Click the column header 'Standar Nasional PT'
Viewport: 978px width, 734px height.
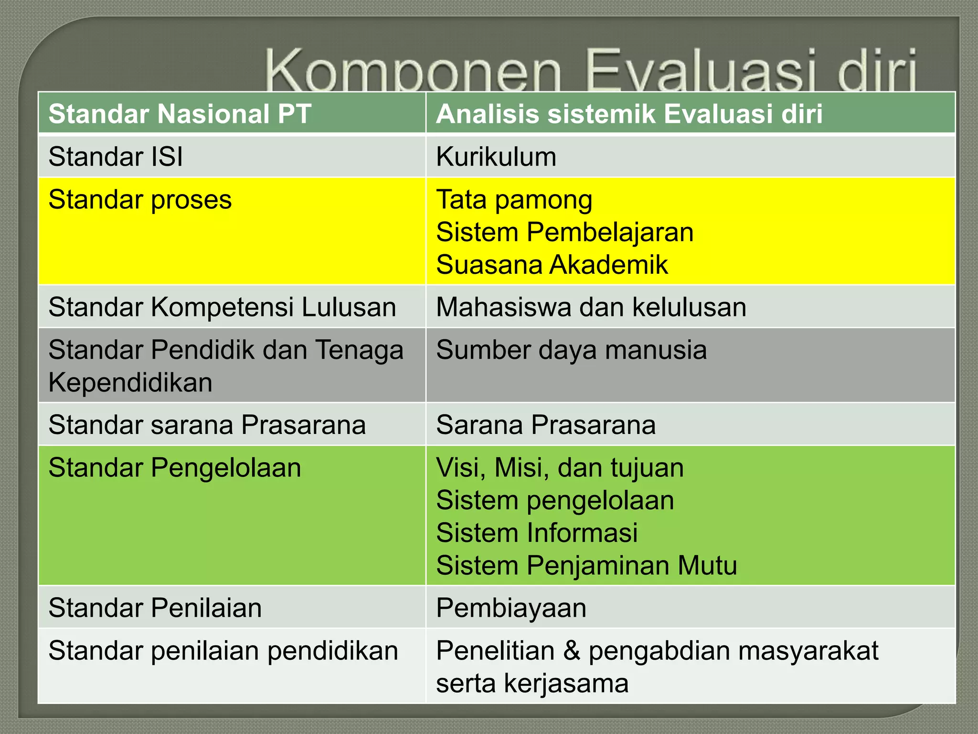coord(180,114)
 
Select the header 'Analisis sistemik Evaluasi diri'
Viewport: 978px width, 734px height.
coord(629,114)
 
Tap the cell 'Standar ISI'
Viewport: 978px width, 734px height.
coord(116,157)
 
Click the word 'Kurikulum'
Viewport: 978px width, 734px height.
coord(496,157)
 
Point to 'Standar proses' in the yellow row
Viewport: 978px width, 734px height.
coord(140,200)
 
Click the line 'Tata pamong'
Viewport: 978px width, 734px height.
coord(514,200)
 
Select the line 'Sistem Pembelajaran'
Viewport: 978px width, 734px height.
coord(564,232)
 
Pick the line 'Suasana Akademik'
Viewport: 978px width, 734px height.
coord(552,265)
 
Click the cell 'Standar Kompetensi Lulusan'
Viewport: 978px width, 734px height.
coord(222,307)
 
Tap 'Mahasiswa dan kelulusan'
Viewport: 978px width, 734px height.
coord(591,307)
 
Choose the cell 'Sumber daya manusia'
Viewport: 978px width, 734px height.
coord(571,350)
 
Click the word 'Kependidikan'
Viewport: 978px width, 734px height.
coord(130,382)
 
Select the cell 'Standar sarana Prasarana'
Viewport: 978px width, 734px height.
coord(207,425)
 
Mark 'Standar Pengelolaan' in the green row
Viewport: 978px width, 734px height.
coord(175,467)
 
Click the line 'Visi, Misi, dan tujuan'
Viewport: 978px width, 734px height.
coord(560,467)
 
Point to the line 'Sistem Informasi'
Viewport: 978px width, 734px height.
coord(537,533)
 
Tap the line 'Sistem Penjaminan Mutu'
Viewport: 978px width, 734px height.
coord(586,565)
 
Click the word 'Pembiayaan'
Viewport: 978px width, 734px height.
coord(511,608)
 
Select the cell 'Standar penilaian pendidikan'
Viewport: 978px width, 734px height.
coord(223,651)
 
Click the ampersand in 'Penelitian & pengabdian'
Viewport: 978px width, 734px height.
coord(572,651)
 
